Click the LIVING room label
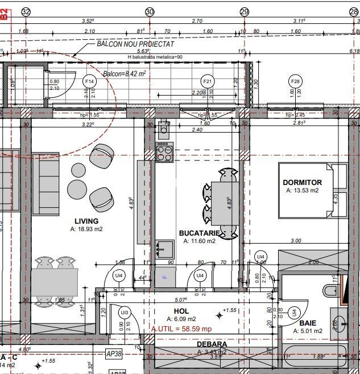click(86, 221)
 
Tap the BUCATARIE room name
click(200, 233)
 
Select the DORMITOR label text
click(302, 182)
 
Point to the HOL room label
click(181, 311)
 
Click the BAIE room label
click(308, 322)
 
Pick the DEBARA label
click(212, 344)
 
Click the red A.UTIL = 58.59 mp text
click(181, 329)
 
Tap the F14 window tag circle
click(89, 81)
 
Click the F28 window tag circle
click(296, 81)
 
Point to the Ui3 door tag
click(125, 313)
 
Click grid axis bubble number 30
click(150, 12)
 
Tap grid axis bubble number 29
click(245, 12)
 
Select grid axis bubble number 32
click(26, 12)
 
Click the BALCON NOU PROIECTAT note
click(135, 44)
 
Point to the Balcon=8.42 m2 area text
click(125, 73)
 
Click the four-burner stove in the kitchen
click(164, 151)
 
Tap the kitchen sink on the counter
click(165, 248)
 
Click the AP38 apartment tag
click(115, 354)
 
